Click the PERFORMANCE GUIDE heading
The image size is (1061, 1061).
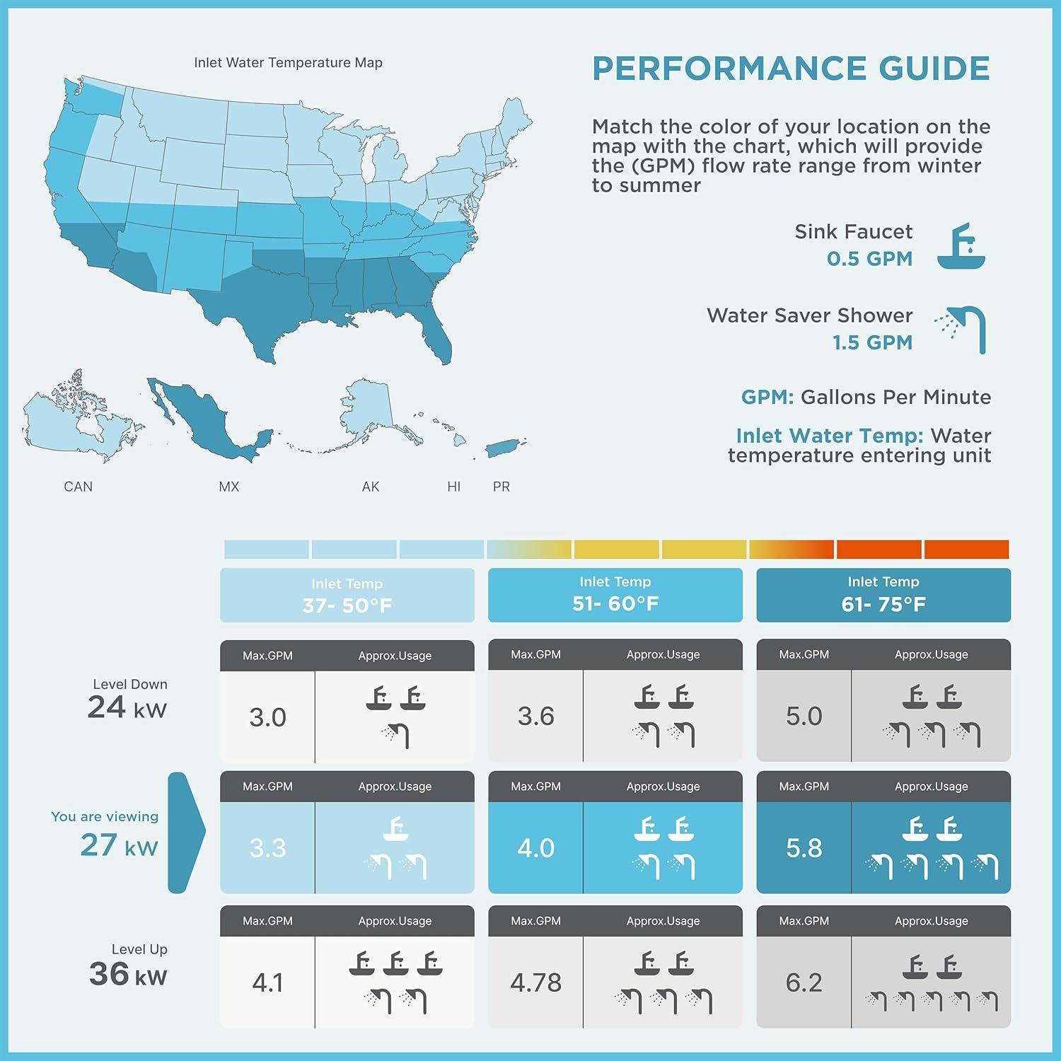pyautogui.click(x=791, y=69)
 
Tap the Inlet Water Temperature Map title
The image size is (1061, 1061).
pyautogui.click(x=288, y=62)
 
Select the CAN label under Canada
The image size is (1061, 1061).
pyautogui.click(x=78, y=487)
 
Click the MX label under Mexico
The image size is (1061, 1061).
pyautogui.click(x=228, y=487)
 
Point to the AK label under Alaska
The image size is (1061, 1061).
pyautogui.click(x=371, y=487)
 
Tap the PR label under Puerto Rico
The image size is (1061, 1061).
pyautogui.click(x=501, y=487)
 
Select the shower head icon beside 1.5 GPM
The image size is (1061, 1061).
pyautogui.click(x=963, y=329)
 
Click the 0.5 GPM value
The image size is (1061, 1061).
pyautogui.click(x=869, y=259)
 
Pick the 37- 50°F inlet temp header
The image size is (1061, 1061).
pyautogui.click(x=347, y=596)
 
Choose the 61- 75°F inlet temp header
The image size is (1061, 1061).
pyautogui.click(x=883, y=595)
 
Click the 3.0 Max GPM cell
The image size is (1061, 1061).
pyautogui.click(x=267, y=717)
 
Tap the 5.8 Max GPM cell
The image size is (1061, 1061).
pyautogui.click(x=804, y=847)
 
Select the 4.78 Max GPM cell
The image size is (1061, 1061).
pyautogui.click(x=535, y=982)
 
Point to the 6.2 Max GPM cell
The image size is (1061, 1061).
pyautogui.click(x=804, y=982)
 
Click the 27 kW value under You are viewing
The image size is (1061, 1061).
pyautogui.click(x=119, y=845)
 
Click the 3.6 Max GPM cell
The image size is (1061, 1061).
pyautogui.click(x=535, y=717)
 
